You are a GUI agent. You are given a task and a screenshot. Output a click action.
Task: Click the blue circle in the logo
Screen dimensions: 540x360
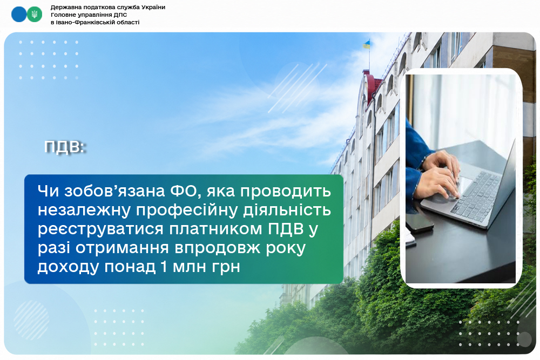click(x=19, y=15)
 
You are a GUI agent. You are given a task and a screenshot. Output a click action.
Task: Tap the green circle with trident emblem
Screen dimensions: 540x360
click(x=35, y=15)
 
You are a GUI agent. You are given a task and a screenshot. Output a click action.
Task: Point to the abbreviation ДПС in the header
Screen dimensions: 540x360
click(x=120, y=15)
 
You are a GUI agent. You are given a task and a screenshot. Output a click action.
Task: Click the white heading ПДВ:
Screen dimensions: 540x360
click(x=64, y=147)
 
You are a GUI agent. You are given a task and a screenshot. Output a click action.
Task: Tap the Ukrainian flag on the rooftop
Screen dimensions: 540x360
click(x=367, y=44)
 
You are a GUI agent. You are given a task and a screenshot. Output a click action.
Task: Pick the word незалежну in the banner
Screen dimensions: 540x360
click(x=84, y=210)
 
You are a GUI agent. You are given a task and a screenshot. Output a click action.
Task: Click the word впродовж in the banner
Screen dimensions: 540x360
click(x=217, y=248)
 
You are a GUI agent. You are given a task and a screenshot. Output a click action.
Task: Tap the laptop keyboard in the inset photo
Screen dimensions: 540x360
click(x=477, y=196)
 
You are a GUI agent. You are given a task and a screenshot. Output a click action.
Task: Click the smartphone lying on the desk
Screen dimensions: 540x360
click(x=420, y=223)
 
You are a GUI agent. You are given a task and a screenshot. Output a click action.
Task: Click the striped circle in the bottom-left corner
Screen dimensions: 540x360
click(x=31, y=320)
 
